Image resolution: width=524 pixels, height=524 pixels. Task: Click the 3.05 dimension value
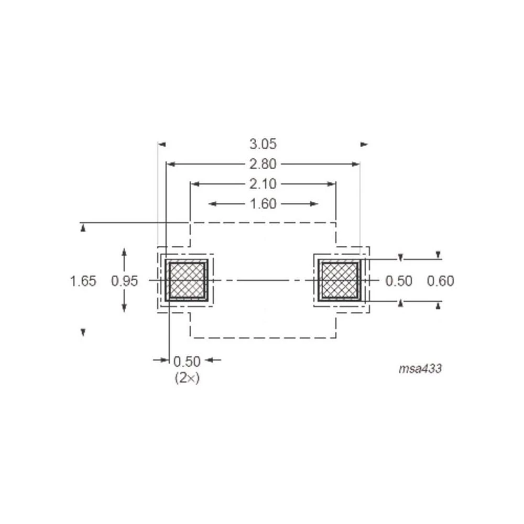[263, 144]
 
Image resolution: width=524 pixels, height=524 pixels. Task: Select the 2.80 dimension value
[263, 164]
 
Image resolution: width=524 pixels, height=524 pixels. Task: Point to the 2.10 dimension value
[263, 184]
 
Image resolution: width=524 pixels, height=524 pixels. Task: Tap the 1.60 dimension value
[263, 204]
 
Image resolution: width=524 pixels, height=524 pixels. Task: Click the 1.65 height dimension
[83, 281]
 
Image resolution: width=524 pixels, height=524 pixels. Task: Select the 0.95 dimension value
[124, 281]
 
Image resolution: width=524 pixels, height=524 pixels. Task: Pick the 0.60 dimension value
[440, 281]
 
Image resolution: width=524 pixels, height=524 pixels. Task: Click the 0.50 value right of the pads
[399, 281]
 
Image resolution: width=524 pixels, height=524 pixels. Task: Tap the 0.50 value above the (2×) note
[187, 362]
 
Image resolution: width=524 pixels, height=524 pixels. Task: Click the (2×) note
[187, 378]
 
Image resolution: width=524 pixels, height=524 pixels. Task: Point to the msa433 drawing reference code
[420, 368]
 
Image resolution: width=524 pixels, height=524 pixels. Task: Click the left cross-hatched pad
[186, 280]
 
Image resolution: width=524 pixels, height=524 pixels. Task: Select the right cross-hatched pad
[339, 280]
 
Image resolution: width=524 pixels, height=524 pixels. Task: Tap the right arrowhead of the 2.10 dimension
[332, 184]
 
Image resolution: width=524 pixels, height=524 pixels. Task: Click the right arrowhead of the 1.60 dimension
[314, 204]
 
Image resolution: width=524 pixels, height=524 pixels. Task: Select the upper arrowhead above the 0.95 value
[124, 252]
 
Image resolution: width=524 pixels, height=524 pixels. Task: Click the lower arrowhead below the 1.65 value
[83, 332]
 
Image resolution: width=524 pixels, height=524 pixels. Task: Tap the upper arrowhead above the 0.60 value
[439, 255]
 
